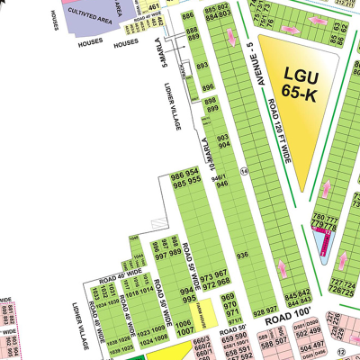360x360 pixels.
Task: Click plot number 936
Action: coord(241,256)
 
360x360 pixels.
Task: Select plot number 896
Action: coord(207,87)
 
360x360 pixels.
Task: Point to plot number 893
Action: coord(203,66)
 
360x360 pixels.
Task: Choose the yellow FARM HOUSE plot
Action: coord(205,314)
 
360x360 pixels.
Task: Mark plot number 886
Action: coord(189,17)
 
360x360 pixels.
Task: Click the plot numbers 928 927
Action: coord(265,310)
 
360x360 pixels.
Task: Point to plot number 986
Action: coord(177,174)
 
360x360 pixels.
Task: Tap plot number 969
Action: coord(229,298)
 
